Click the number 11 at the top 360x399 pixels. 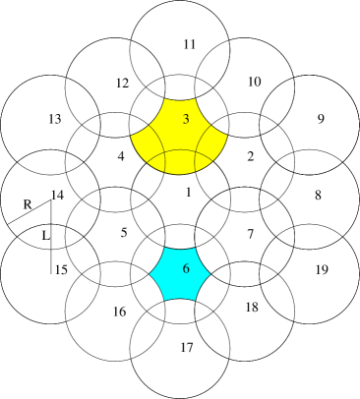point(190,44)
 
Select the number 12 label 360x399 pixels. point(122,83)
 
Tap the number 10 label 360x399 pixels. point(254,82)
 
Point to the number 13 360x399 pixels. point(55,119)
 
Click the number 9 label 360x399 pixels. point(320,119)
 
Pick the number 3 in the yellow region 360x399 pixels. point(186,119)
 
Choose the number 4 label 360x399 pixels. point(121,156)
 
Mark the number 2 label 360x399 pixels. point(250,156)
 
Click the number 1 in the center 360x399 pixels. point(186,194)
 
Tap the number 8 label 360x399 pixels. point(318,195)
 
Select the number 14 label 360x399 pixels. point(57,195)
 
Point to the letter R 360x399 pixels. point(28,203)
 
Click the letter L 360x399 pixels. point(45,236)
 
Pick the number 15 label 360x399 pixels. point(60,269)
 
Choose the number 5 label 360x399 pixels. point(124,233)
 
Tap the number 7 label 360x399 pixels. point(250,233)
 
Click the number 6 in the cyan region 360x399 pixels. point(186,269)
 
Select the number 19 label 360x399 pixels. point(320,269)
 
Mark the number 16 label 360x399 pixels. point(119,312)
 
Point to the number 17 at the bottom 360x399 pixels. point(187,347)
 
